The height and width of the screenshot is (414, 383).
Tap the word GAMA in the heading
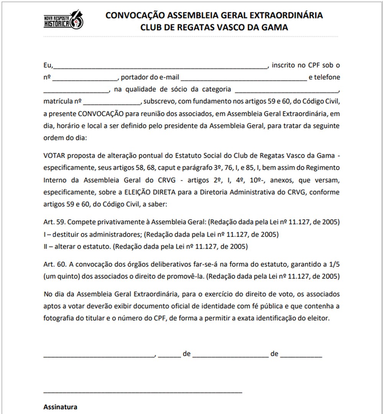(274, 28)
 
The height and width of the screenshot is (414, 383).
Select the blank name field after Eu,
(161, 66)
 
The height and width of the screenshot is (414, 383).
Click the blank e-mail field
(244, 78)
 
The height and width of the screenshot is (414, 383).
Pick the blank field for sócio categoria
(286, 90)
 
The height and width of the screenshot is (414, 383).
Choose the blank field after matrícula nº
(112, 103)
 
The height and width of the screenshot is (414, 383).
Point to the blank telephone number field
(76, 90)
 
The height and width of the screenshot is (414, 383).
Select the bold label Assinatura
(61, 407)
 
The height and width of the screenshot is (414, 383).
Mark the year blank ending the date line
(301, 355)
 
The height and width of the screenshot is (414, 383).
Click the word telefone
(327, 78)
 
